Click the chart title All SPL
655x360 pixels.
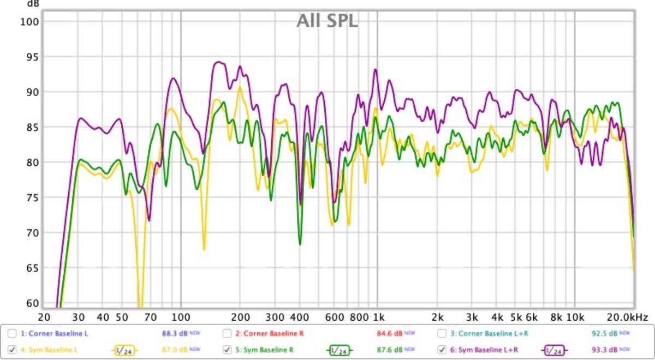pyautogui.click(x=327, y=21)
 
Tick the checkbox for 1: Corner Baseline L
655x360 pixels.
pyautogui.click(x=12, y=333)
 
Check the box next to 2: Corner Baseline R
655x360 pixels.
pyautogui.click(x=227, y=333)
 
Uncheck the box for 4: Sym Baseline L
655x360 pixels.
pyautogui.click(x=12, y=349)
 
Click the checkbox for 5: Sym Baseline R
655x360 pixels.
pyautogui.click(x=227, y=349)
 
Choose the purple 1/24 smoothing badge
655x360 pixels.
pyautogui.click(x=555, y=350)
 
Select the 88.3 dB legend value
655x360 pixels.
pyautogui.click(x=171, y=333)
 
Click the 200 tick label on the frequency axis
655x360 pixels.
pyautogui.click(x=240, y=317)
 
